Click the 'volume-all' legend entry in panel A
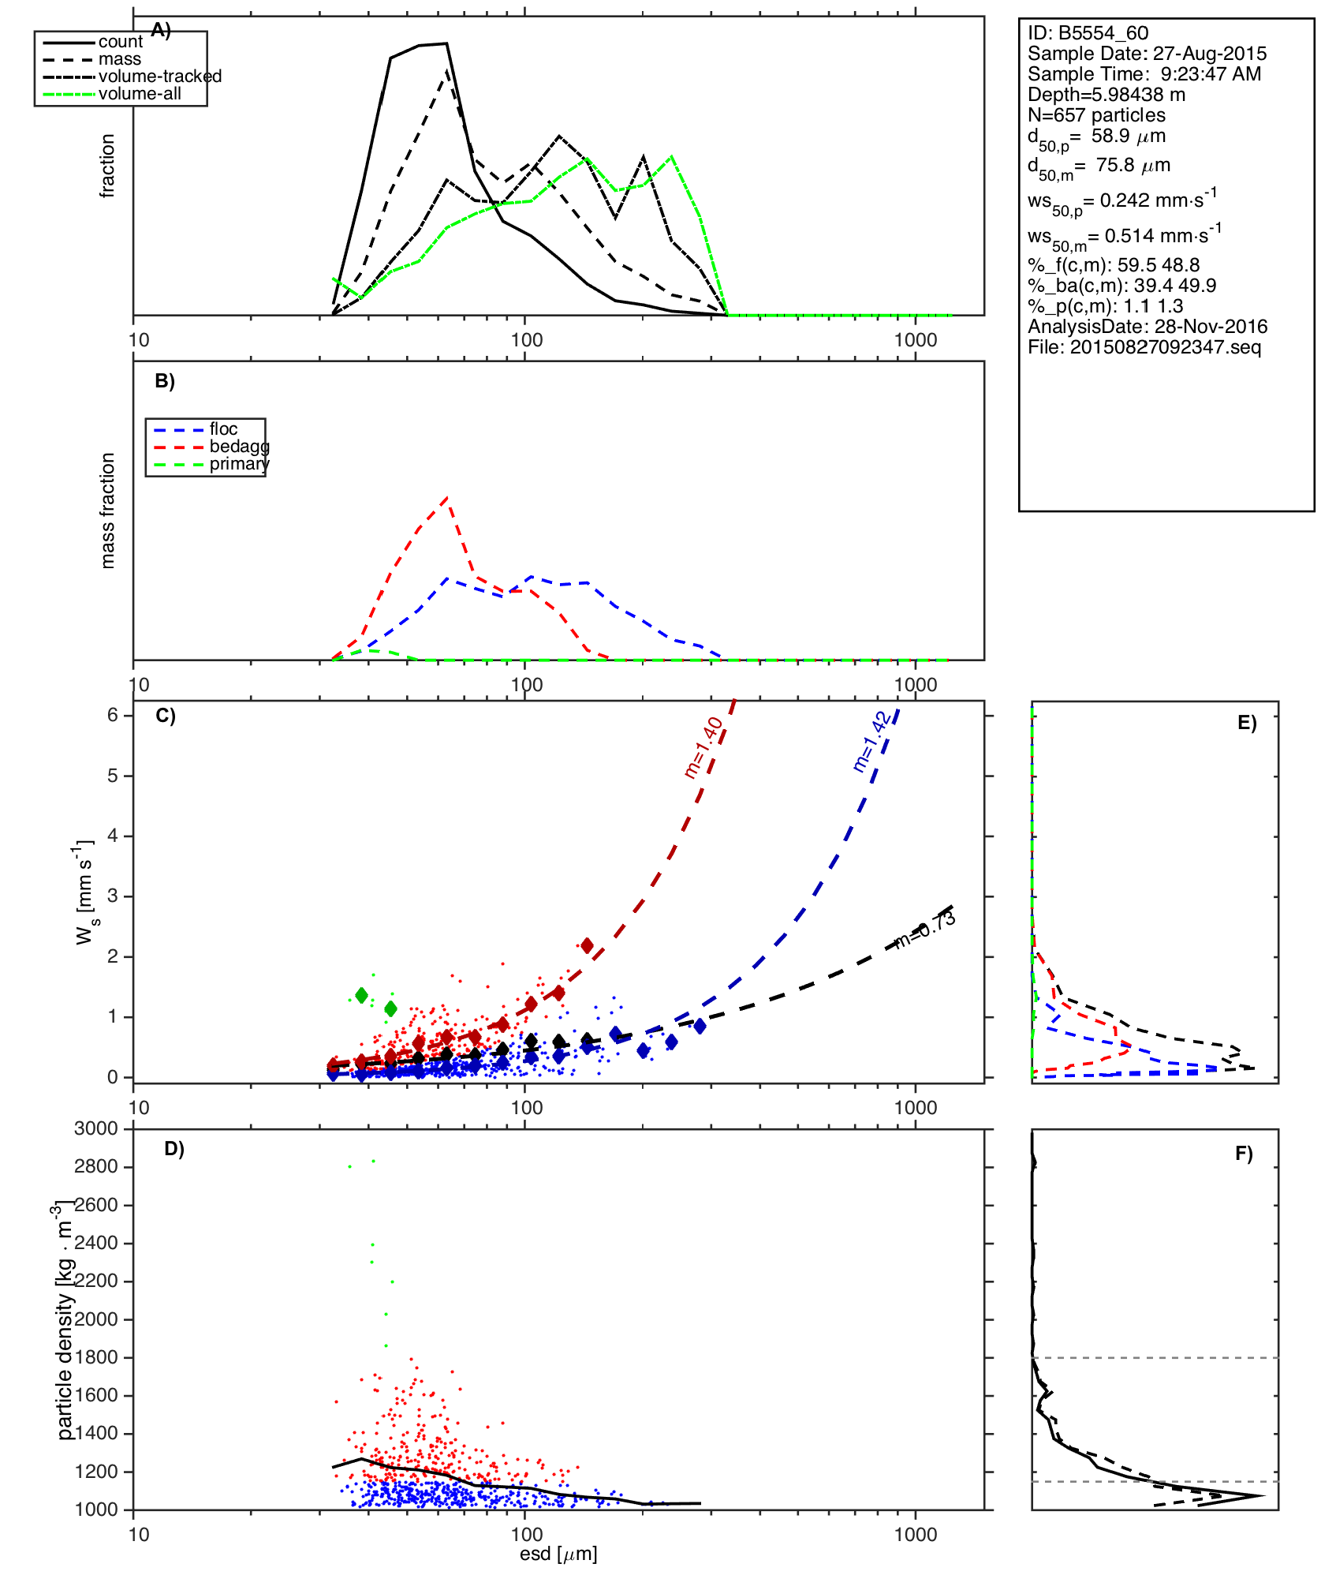point(140,94)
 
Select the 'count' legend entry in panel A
point(120,42)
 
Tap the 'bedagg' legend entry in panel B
point(239,447)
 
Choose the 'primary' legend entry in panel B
point(239,464)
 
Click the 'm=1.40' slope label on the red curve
point(703,747)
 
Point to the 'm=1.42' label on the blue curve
point(871,742)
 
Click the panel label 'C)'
point(166,716)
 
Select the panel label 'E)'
point(1247,723)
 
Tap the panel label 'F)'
point(1244,1154)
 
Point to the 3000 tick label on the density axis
point(95,1128)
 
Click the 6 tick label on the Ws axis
point(113,715)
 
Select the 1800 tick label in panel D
point(95,1357)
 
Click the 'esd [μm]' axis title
point(558,1554)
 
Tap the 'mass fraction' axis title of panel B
point(108,511)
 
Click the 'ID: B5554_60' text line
point(1088,33)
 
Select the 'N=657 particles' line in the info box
point(1096,115)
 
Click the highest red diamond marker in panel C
point(587,945)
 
